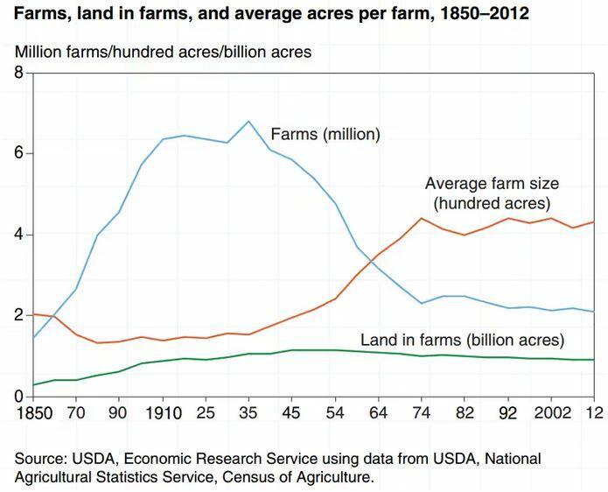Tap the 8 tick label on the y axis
click(17, 73)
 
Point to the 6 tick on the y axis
click(17, 154)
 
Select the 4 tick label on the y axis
click(17, 235)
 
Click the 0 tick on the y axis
click(17, 397)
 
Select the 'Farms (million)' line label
click(325, 135)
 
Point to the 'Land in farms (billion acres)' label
click(463, 340)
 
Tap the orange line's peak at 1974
click(422, 218)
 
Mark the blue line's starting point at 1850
click(34, 337)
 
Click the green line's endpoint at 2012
click(595, 360)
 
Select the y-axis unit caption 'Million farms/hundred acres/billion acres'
click(163, 53)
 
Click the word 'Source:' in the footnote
click(40, 459)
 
